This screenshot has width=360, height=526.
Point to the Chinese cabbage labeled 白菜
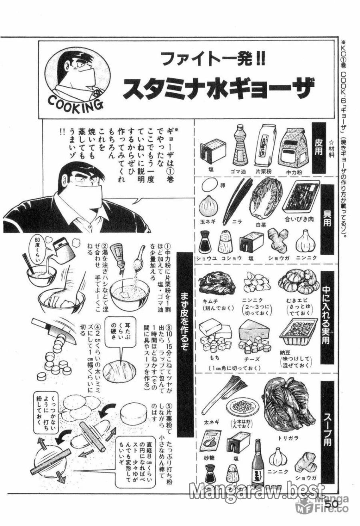[265, 198]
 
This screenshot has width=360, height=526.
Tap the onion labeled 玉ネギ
[208, 205]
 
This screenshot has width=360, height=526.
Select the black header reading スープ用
[327, 432]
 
